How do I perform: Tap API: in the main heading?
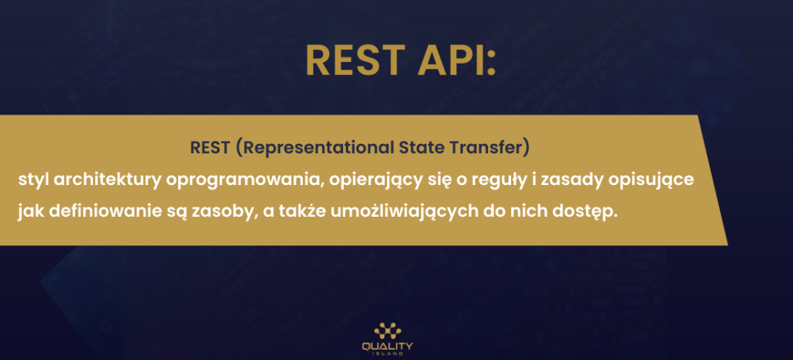[x=457, y=60]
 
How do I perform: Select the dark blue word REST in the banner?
[x=211, y=148]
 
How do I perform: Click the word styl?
[x=33, y=180]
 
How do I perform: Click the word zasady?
[x=551, y=180]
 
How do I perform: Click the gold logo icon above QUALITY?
[x=387, y=331]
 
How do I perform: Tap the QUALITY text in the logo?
[x=387, y=346]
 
